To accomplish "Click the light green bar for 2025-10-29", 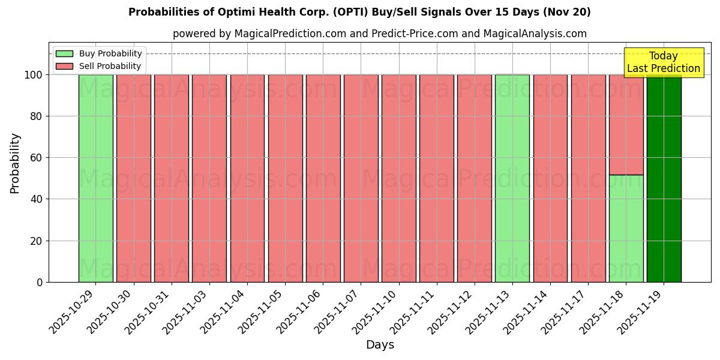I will point(95,178).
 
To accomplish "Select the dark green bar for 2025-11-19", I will point(664,178).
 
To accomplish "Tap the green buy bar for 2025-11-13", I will point(512,178).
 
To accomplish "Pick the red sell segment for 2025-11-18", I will point(626,125).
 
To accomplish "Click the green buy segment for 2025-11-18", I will point(626,229).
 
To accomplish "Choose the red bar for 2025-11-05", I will point(285,178).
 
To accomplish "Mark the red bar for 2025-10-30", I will point(133,178).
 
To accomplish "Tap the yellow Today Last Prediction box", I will point(663,62).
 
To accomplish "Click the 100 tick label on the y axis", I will point(33,75).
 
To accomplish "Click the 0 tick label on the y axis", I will point(40,282).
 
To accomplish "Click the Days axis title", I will point(380,345).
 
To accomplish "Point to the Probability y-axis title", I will point(15,163).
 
